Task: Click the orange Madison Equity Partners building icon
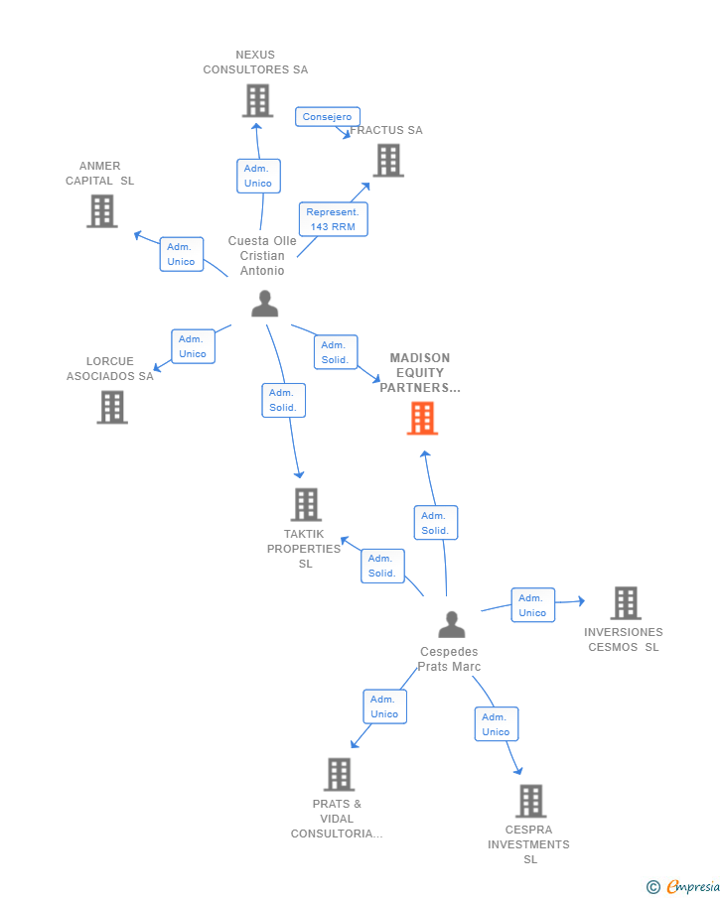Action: click(422, 418)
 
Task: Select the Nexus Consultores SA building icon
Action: click(257, 100)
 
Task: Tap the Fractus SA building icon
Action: click(388, 160)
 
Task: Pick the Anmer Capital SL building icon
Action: click(101, 210)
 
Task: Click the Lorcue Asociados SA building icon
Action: click(112, 407)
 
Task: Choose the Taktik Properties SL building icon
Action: click(306, 504)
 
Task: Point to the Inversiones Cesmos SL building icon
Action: click(625, 602)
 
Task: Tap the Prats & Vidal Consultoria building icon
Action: click(339, 774)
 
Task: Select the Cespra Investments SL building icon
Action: click(530, 801)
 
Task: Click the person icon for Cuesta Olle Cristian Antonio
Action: click(264, 304)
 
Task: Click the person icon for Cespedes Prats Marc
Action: click(451, 625)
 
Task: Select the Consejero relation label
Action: click(327, 117)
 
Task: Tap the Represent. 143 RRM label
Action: click(333, 219)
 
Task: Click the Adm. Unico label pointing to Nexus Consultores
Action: click(258, 176)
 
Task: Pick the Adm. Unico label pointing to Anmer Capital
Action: click(181, 254)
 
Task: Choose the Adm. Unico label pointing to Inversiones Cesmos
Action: click(532, 605)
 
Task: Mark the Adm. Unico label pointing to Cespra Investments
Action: click(496, 724)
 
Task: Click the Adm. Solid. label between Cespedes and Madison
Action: click(435, 523)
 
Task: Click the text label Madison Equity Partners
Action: click(419, 373)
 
